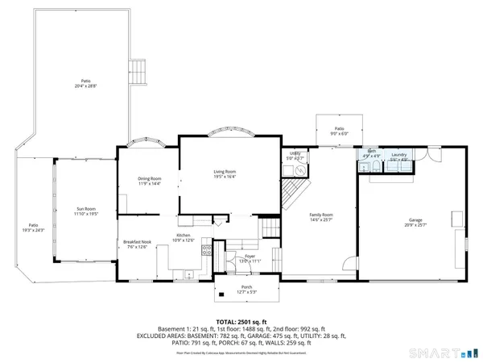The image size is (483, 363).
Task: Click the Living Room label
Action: [225, 172]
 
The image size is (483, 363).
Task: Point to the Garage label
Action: [415, 220]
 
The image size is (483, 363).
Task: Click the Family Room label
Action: [322, 215]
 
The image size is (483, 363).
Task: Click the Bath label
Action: [372, 152]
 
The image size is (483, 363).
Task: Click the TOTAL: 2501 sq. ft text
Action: [241, 321]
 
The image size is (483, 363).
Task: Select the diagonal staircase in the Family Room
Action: [291, 192]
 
